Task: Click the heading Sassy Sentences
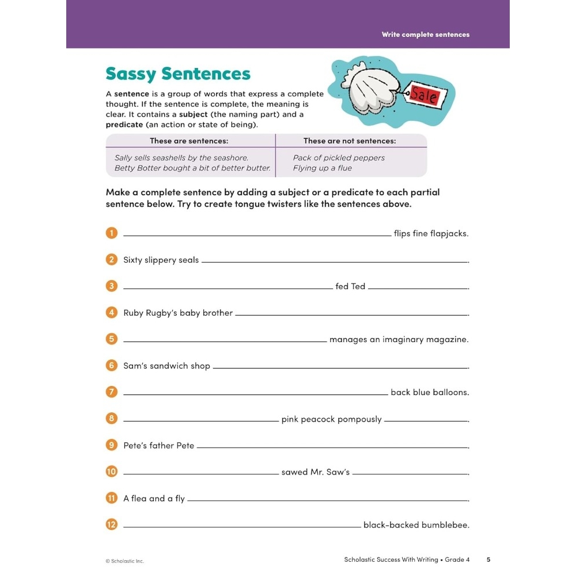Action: point(178,74)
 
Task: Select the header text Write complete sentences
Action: point(425,35)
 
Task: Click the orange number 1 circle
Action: point(112,233)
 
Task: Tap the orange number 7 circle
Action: point(112,392)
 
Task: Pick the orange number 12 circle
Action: point(112,525)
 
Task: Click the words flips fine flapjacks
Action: point(431,234)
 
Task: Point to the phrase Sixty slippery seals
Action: point(161,260)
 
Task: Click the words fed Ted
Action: point(350,286)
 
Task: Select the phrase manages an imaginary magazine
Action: point(399,340)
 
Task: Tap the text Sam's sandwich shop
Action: point(166,366)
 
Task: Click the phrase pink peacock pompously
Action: point(331,419)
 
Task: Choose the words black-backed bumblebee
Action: point(416,525)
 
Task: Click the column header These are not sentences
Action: point(350,141)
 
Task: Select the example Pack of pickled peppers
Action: point(339,158)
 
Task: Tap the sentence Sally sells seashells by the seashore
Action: point(181,158)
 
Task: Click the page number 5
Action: point(488,559)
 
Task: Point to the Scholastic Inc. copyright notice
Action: point(124,561)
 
